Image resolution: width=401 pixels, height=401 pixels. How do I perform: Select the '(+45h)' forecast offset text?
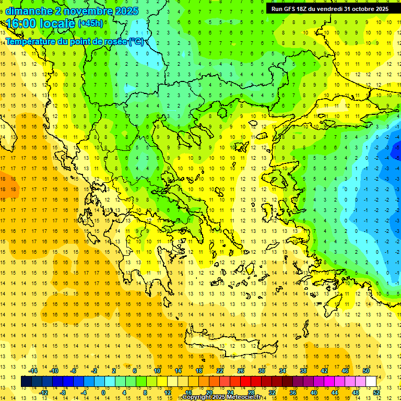pyautogui.click(x=90, y=23)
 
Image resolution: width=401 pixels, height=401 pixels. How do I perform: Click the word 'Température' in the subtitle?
pyautogui.click(x=31, y=41)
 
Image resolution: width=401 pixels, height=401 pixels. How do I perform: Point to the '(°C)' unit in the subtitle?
pyautogui.click(x=137, y=41)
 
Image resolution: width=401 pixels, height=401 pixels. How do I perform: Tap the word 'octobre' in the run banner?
pyautogui.click(x=363, y=9)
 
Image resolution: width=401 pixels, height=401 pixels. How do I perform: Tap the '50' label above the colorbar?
pyautogui.click(x=366, y=371)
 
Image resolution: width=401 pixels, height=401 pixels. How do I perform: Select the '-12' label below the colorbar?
pyautogui.click(x=43, y=392)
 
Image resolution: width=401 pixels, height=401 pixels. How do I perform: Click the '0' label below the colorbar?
pyautogui.click(x=103, y=392)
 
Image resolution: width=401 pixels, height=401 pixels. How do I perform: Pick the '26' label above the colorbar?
pyautogui.click(x=241, y=371)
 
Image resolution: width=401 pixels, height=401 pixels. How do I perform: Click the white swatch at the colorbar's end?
pyautogui.click(x=371, y=382)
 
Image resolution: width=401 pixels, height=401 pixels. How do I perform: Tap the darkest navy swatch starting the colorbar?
pyautogui.click(x=27, y=382)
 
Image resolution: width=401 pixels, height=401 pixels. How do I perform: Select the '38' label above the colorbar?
pyautogui.click(x=303, y=371)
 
